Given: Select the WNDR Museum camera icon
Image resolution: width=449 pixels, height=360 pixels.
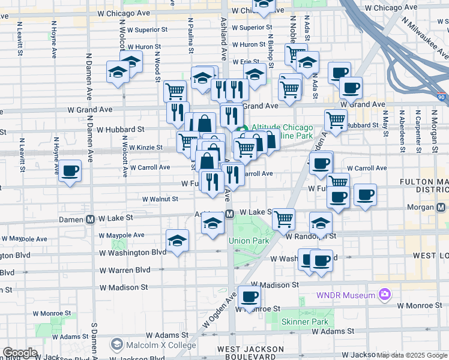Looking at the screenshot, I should (384, 295).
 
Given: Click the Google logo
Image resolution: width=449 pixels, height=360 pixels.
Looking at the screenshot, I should (20, 353).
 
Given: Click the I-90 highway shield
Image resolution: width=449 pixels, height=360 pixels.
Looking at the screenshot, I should (442, 97).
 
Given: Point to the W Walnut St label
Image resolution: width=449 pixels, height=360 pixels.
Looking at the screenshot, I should (160, 199).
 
